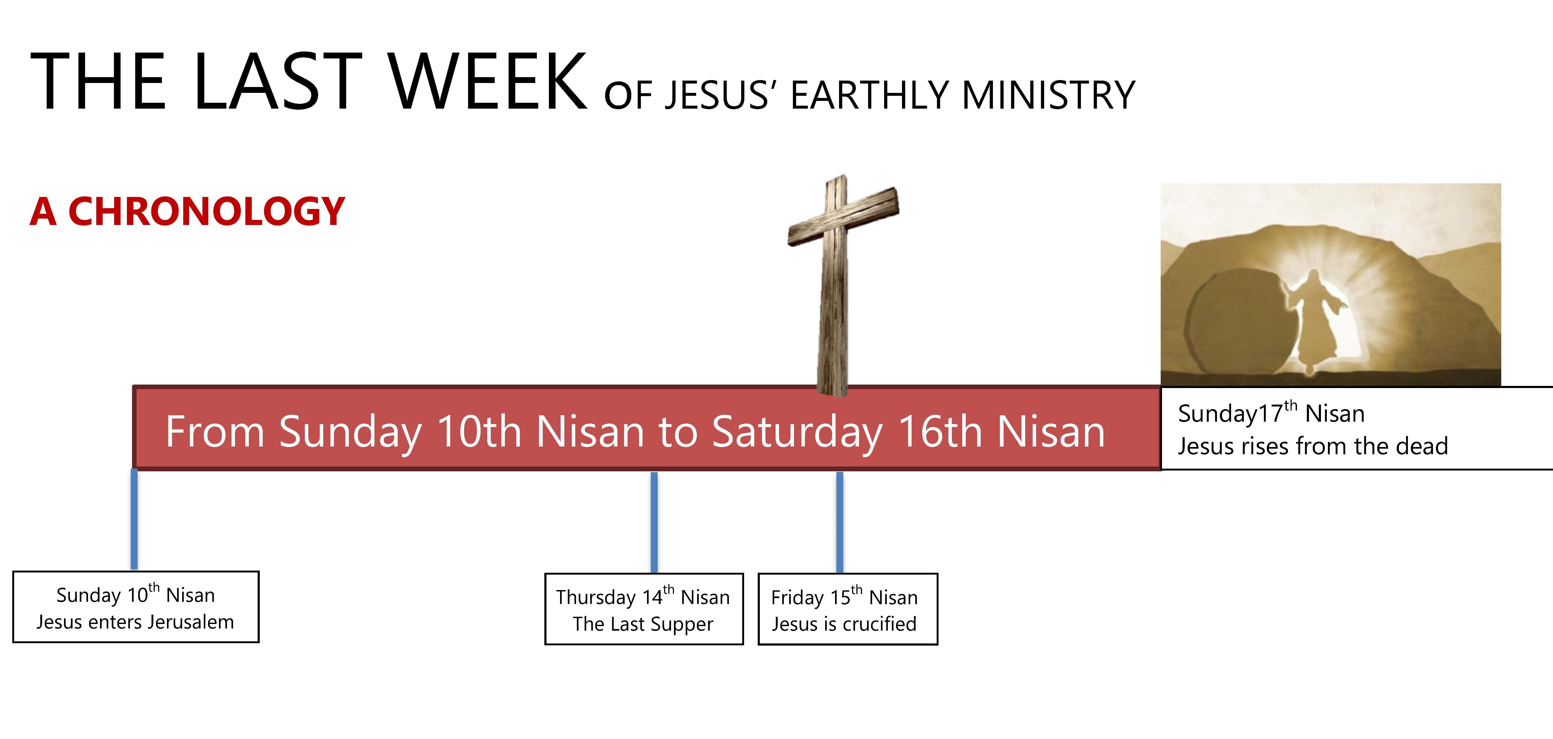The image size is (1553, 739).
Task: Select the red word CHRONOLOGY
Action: [x=206, y=212]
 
